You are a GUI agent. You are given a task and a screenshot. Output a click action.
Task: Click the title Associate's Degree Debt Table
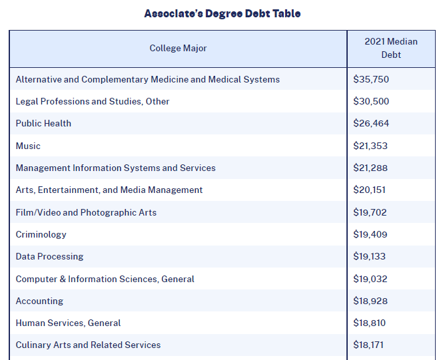pyautogui.click(x=223, y=13)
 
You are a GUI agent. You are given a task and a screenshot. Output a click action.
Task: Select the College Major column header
pyautogui.click(x=178, y=48)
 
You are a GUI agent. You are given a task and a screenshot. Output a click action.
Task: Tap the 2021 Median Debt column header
pyautogui.click(x=391, y=48)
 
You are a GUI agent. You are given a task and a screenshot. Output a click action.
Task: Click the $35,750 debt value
pyautogui.click(x=371, y=79)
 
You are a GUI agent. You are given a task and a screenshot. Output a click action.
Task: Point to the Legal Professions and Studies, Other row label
pyautogui.click(x=93, y=101)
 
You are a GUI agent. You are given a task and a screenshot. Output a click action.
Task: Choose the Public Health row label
pyautogui.click(x=43, y=123)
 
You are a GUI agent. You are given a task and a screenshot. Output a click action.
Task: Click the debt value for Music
pyautogui.click(x=370, y=146)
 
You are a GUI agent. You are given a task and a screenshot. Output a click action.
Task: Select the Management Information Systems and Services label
pyautogui.click(x=116, y=168)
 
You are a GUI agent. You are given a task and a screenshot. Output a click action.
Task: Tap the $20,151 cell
pyautogui.click(x=370, y=190)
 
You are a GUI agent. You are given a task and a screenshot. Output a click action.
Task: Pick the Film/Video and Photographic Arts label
pyautogui.click(x=86, y=212)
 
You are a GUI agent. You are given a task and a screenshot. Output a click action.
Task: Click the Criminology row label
pyautogui.click(x=41, y=234)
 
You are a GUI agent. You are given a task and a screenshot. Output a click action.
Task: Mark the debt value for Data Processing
pyautogui.click(x=370, y=256)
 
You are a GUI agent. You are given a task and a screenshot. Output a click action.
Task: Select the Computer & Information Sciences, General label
pyautogui.click(x=105, y=279)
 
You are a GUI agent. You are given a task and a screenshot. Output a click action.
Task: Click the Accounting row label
pyautogui.click(x=39, y=301)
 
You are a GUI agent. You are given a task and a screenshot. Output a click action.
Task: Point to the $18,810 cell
pyautogui.click(x=370, y=323)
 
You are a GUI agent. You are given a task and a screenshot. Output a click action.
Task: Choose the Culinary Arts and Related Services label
pyautogui.click(x=88, y=345)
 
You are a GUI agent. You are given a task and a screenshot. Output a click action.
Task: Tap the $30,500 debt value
pyautogui.click(x=371, y=101)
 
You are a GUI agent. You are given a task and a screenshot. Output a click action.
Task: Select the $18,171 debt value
pyautogui.click(x=368, y=345)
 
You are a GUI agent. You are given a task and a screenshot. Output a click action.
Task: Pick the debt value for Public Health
pyautogui.click(x=371, y=123)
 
